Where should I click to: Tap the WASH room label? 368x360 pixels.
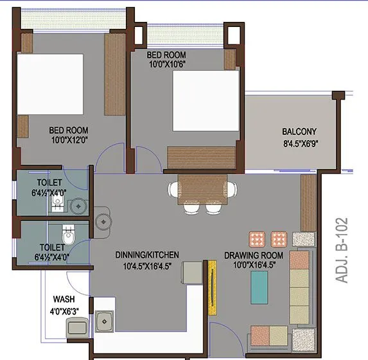pyautogui.click(x=64, y=299)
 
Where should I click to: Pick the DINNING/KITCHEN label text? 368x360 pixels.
pyautogui.click(x=148, y=255)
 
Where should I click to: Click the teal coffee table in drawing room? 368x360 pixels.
pyautogui.click(x=259, y=287)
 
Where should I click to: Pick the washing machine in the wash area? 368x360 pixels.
pyautogui.click(x=76, y=328)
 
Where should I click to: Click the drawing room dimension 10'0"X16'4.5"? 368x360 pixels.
pyautogui.click(x=252, y=264)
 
